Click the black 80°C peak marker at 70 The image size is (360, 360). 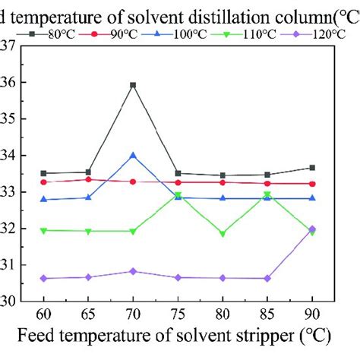click(133, 85)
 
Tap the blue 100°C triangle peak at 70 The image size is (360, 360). click(133, 155)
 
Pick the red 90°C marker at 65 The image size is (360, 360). click(88, 179)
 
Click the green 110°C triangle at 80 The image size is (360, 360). click(223, 234)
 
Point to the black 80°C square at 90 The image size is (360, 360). click(312, 168)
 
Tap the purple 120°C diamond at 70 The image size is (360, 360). click(133, 271)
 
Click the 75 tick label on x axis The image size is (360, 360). click(178, 313)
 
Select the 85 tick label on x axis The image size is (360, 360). click(267, 313)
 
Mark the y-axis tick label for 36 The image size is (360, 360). click(8, 82)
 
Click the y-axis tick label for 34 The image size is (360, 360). click(8, 156)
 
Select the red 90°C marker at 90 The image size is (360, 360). click(312, 184)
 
